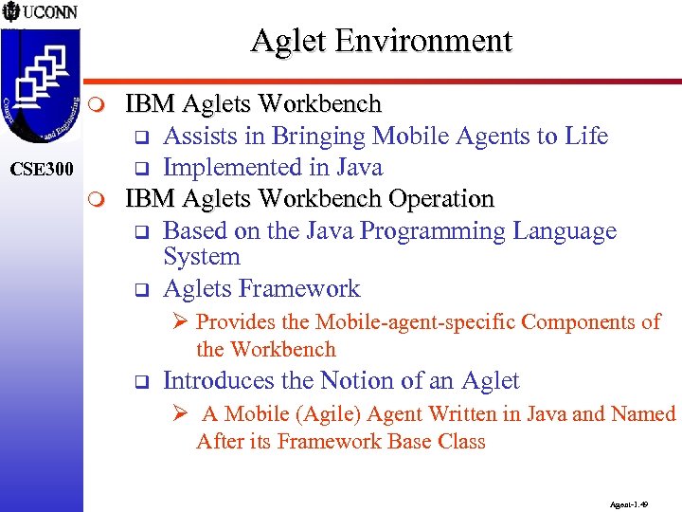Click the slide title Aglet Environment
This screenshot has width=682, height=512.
(381, 41)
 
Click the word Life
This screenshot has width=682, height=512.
(586, 137)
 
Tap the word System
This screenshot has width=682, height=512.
(201, 257)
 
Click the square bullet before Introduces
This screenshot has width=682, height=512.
(136, 383)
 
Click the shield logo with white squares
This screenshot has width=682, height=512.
(40, 81)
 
